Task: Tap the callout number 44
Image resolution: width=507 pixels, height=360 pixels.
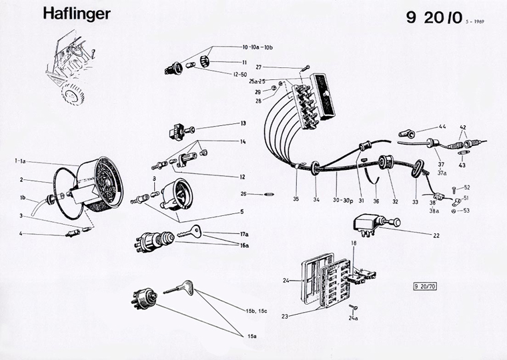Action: (442, 127)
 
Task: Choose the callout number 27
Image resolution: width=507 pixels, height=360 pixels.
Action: (277, 67)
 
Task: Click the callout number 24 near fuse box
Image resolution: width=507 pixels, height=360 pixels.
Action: (287, 280)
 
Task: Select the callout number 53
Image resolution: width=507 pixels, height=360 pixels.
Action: (467, 211)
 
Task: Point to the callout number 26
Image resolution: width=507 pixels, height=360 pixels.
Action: (243, 194)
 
